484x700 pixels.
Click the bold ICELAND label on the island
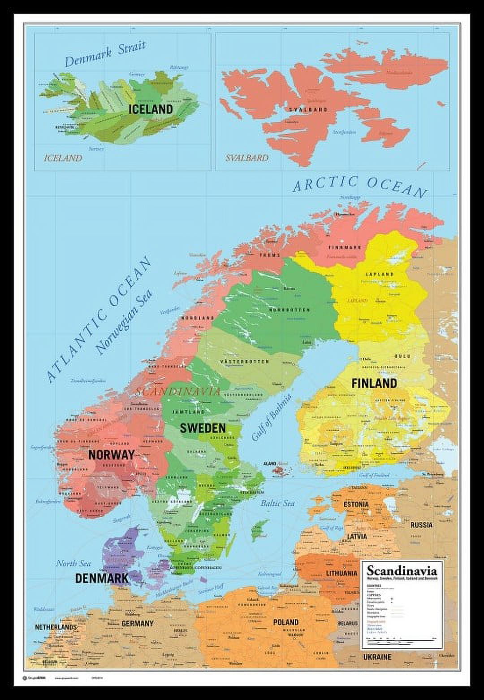click(x=151, y=109)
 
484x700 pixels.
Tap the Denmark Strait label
click(x=106, y=54)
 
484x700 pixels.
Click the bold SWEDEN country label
click(x=203, y=428)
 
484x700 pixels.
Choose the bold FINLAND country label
click(x=374, y=383)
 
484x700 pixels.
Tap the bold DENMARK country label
click(x=102, y=578)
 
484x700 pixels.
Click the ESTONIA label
click(x=356, y=504)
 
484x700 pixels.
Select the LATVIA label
click(x=356, y=536)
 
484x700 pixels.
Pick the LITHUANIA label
click(x=342, y=573)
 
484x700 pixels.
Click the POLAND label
click(x=285, y=622)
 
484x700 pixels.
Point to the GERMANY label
click(x=138, y=623)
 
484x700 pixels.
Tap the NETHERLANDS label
click(x=56, y=627)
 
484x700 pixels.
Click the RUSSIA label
click(x=422, y=525)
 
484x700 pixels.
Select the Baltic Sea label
click(x=278, y=503)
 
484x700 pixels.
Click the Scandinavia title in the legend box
click(x=402, y=571)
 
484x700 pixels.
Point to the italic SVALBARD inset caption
click(x=246, y=157)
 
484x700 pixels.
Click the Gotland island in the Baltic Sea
click(x=259, y=531)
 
